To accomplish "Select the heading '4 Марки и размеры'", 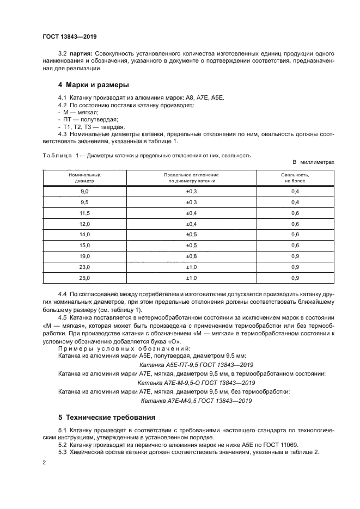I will (93, 85).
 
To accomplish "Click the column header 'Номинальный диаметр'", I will (84, 178).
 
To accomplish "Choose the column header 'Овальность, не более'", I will (295, 178).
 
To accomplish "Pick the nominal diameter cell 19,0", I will (84, 256).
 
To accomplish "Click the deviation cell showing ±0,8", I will (192, 256).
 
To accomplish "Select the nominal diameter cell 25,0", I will (84, 278).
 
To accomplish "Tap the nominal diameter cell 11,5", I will (84, 213).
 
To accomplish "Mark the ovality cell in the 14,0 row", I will (295, 235).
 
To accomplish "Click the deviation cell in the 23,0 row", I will (192, 267).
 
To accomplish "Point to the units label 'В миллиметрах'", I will (313, 162).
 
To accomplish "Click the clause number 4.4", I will (63, 294).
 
